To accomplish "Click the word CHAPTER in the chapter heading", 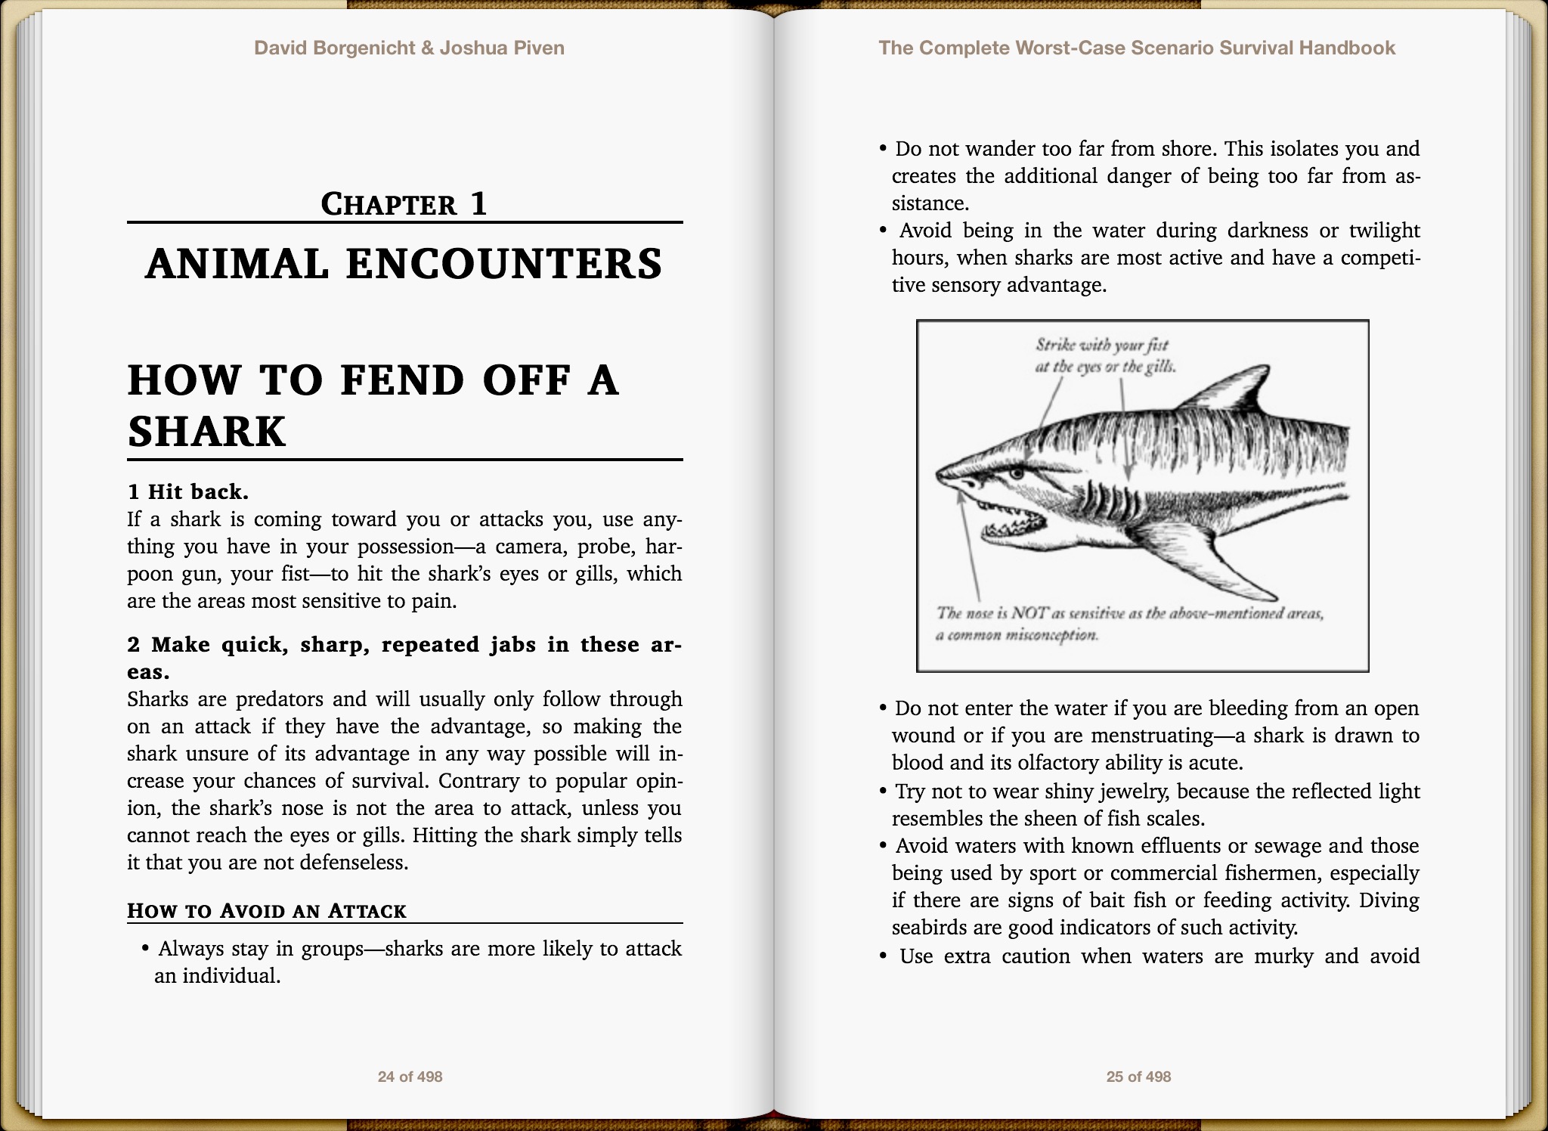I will tap(389, 204).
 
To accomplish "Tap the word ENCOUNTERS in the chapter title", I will tap(504, 264).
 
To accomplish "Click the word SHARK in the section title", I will tap(206, 432).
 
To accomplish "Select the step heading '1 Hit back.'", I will tap(188, 492).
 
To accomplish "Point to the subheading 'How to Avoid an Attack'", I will tap(267, 910).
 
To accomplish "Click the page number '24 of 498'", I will tap(410, 1077).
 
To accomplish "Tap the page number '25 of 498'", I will tap(1138, 1077).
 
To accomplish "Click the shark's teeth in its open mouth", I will tap(1013, 522).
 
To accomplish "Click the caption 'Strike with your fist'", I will tap(1102, 345).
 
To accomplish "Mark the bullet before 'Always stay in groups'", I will tap(145, 949).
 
